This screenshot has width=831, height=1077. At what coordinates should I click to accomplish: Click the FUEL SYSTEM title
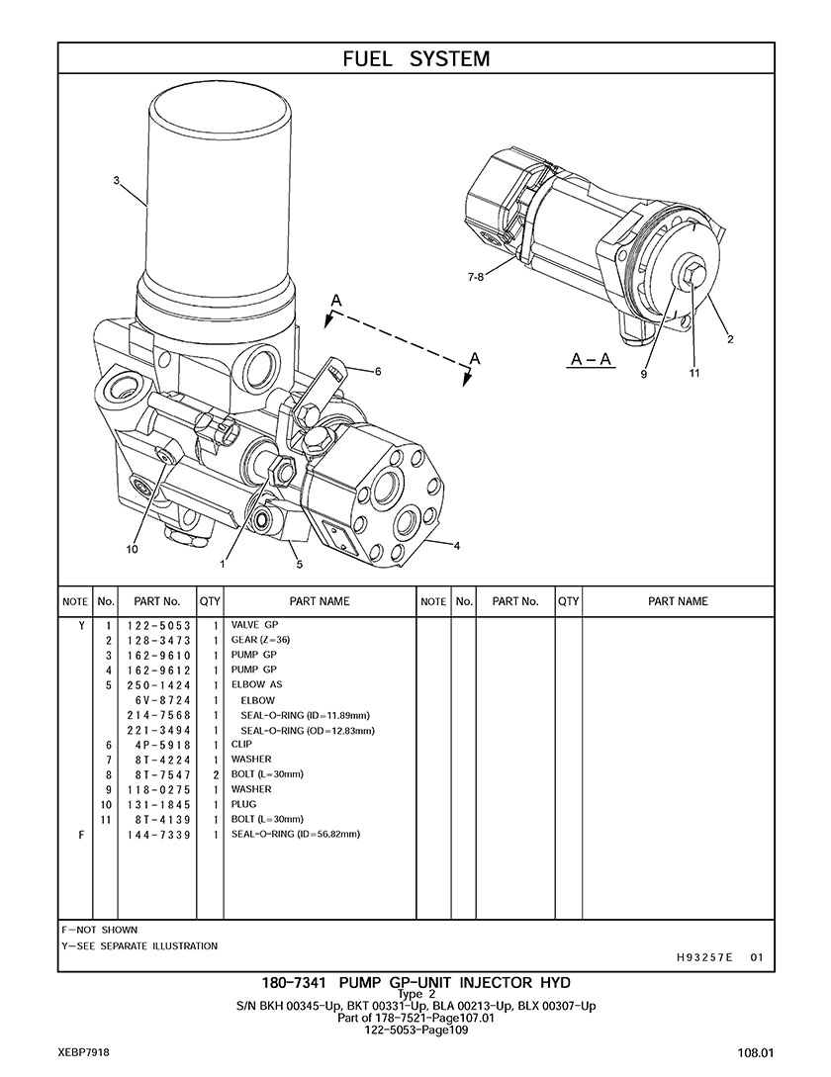coord(416,59)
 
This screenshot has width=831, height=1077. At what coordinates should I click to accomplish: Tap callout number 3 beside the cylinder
coord(117,181)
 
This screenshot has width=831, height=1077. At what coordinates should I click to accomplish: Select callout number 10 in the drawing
coord(132,549)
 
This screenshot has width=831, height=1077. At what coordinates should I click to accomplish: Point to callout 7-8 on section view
coord(476,278)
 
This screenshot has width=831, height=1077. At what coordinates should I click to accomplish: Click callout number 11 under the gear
coord(694,373)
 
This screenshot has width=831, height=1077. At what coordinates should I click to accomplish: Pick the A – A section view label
coord(592,359)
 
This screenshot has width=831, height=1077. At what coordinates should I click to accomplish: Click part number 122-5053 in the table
coord(158,626)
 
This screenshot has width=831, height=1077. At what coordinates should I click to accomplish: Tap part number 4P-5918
coord(158,746)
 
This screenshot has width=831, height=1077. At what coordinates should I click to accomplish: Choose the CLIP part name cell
coord(241,745)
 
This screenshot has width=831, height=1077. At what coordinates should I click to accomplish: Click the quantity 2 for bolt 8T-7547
coord(215,775)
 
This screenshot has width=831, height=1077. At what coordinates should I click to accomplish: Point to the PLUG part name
coord(243,804)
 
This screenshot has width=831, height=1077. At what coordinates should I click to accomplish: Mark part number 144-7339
coord(158,836)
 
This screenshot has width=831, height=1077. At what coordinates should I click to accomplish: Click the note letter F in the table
coord(81,836)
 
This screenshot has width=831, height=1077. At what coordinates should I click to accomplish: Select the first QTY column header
coord(210,601)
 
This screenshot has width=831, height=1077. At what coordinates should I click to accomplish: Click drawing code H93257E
coord(704,957)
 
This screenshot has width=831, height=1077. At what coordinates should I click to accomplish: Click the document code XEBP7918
coord(84,1052)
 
